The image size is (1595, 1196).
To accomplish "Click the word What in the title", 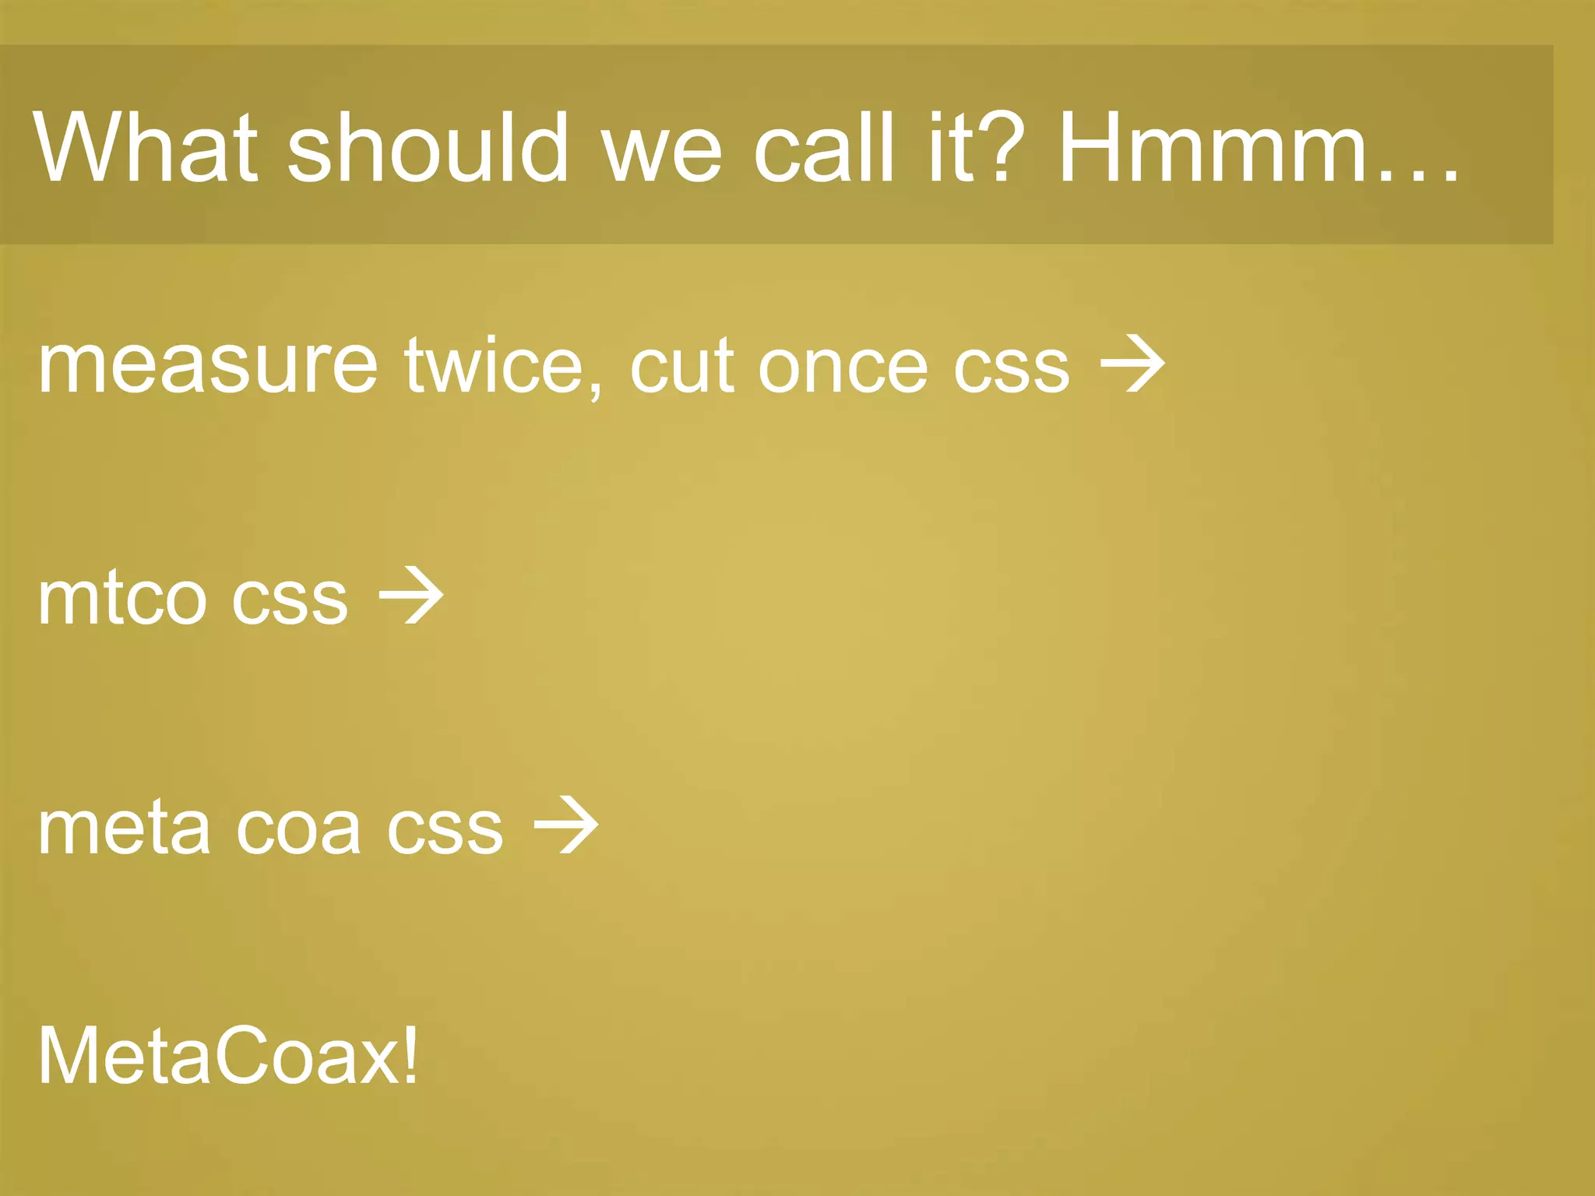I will pyautogui.click(x=145, y=148).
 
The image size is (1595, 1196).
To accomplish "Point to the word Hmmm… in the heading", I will pyautogui.click(x=1258, y=148).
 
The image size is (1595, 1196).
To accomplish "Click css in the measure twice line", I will pyautogui.click(x=1012, y=366).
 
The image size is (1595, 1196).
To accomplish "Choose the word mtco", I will pyautogui.click(x=121, y=598).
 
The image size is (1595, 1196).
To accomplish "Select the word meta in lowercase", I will pyautogui.click(x=124, y=828).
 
